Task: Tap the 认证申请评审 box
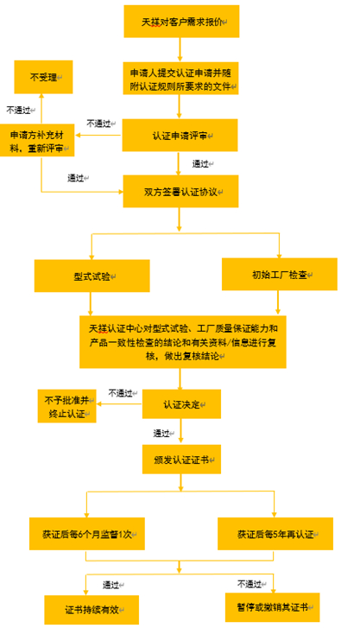[x=179, y=136]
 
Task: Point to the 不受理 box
[x=41, y=78]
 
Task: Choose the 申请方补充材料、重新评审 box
[x=41, y=140]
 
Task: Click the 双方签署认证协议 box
[x=179, y=192]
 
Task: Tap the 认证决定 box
[x=180, y=403]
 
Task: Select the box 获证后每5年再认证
[x=275, y=534]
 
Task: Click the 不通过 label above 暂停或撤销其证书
[x=249, y=584]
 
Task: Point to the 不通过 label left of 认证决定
[x=119, y=392]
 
